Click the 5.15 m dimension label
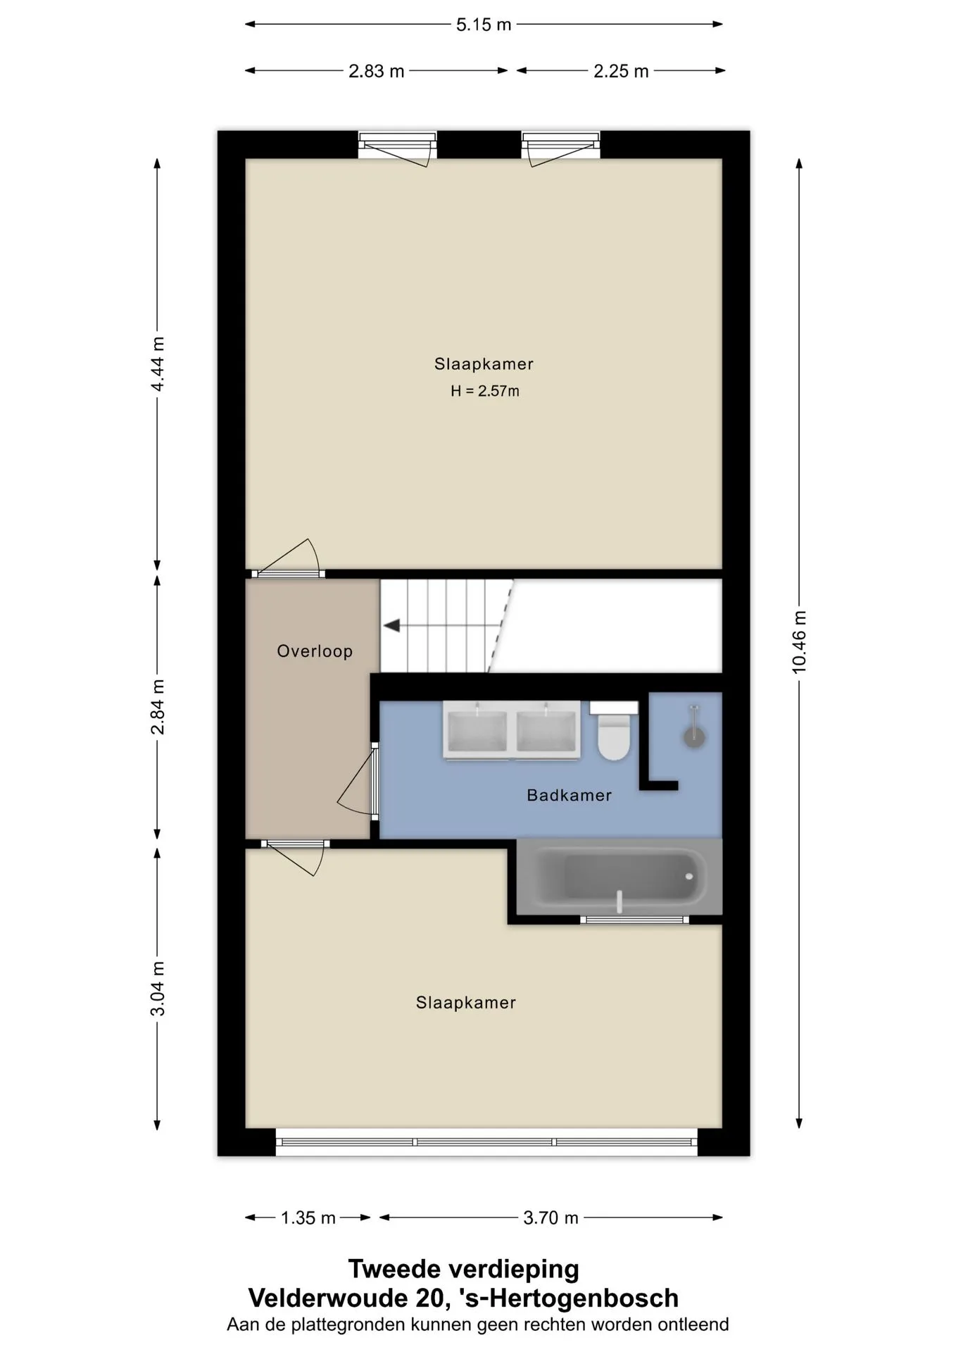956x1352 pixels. point(484,25)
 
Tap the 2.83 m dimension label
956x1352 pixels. point(377,71)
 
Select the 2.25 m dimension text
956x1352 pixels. point(621,71)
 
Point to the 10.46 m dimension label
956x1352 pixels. point(799,642)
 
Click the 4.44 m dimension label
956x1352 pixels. point(158,364)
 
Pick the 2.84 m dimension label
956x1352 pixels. point(158,707)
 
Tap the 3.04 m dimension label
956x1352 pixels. point(158,989)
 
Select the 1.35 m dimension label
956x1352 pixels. point(308,1218)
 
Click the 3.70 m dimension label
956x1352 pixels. point(551,1218)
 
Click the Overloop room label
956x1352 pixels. point(315,651)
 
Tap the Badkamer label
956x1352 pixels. point(569,796)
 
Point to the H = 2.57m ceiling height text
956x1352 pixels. point(485,392)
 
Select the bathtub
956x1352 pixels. point(619,877)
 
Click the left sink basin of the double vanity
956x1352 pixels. point(477,731)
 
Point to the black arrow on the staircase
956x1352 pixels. point(391,625)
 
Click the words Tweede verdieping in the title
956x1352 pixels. point(464,1269)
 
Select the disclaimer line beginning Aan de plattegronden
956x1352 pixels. point(478,1325)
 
